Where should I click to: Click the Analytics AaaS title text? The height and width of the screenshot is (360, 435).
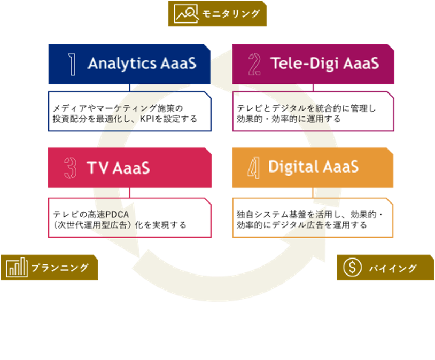tap(142, 64)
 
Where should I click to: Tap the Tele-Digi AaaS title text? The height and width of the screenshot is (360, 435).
tap(324, 64)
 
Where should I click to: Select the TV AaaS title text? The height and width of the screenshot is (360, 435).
tap(118, 168)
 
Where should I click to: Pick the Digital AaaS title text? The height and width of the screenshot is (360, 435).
tap(313, 167)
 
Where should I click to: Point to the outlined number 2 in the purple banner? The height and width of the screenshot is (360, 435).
tap(254, 64)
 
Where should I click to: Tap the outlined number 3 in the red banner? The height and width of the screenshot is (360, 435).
tap(70, 168)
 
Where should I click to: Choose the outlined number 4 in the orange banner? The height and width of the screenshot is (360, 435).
tap(254, 168)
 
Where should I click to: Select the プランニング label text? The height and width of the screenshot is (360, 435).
tap(59, 268)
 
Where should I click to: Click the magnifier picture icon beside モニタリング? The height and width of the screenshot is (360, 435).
tap(185, 13)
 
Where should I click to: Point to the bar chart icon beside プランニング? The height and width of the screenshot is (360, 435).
tap(17, 267)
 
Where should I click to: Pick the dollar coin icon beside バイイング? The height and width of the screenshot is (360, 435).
tap(352, 268)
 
